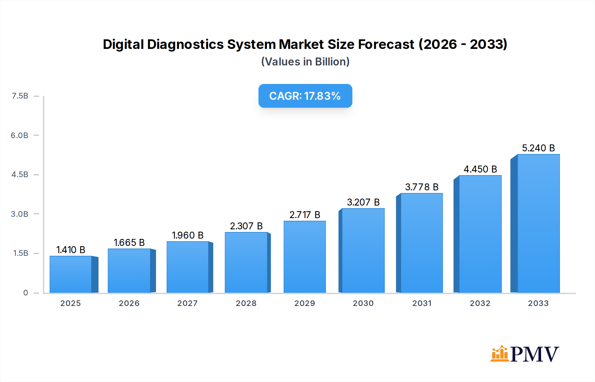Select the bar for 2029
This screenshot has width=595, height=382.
304,257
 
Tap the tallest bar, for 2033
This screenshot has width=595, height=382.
538,223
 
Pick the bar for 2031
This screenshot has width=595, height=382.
421,243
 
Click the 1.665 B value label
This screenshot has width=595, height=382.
129,243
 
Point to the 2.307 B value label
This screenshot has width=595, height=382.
246,226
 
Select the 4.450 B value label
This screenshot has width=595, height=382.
480,169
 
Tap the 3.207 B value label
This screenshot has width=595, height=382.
363,202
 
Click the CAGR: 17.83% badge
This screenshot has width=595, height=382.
305,96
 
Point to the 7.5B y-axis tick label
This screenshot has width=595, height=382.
20,96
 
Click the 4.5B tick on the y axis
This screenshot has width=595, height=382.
20,174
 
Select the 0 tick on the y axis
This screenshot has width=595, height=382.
25,293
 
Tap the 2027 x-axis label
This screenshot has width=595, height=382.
187,303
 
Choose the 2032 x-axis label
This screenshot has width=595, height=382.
480,303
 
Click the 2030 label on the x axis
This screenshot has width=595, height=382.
363,303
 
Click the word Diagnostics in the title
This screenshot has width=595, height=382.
185,44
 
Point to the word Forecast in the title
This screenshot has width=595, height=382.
386,44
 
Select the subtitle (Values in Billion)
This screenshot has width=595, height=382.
305,62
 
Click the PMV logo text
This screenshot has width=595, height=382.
535,354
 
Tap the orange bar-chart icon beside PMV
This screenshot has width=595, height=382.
499,354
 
